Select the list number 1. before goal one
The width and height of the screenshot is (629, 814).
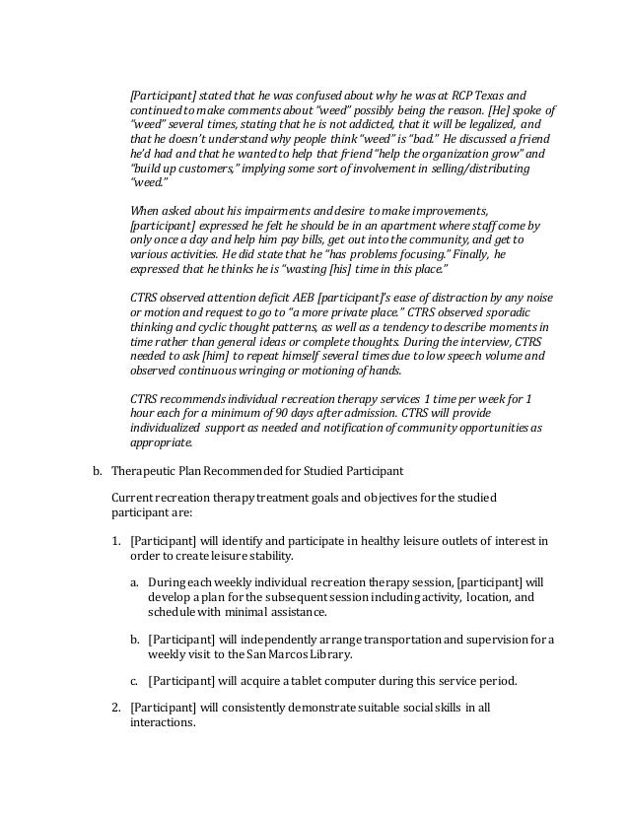coord(116,541)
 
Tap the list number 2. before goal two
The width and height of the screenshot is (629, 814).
coord(116,707)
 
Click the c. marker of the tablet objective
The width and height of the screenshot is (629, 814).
coord(134,680)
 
